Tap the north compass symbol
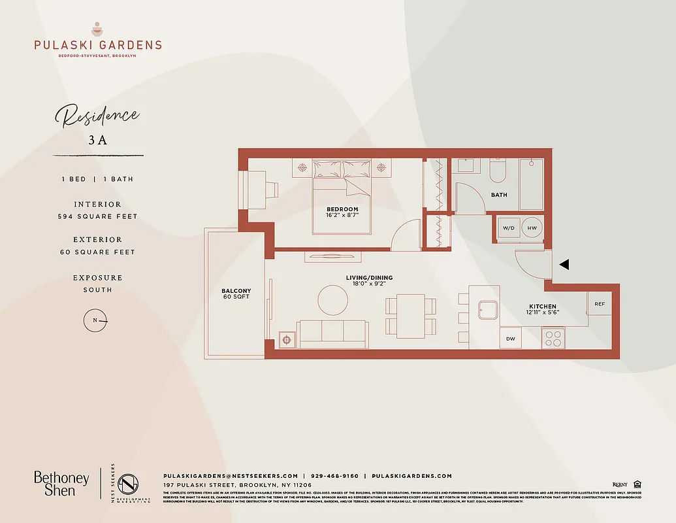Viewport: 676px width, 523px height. click(95, 320)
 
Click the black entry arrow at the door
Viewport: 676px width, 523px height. click(565, 265)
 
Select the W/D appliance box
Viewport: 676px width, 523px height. click(508, 228)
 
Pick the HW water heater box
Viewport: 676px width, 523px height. click(532, 228)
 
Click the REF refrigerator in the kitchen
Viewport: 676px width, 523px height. click(599, 303)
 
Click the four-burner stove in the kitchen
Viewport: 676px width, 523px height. click(553, 337)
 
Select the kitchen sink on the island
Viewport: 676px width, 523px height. click(488, 309)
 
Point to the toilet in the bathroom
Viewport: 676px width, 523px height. click(498, 171)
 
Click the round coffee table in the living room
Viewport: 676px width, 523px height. click(333, 300)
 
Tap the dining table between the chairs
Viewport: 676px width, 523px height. click(411, 316)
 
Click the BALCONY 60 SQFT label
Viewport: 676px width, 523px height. click(236, 294)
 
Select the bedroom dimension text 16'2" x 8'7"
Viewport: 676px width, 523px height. click(343, 214)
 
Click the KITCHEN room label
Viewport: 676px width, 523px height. click(543, 306)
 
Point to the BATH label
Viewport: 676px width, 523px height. click(499, 195)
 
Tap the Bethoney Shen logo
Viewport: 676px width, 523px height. click(61, 483)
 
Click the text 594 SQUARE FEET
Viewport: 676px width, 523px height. click(97, 216)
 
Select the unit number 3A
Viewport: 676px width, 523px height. click(97, 139)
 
